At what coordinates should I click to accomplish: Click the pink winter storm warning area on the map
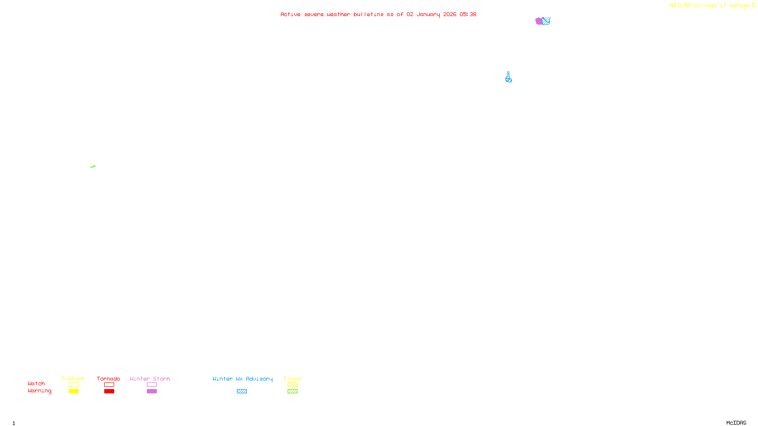[x=539, y=21]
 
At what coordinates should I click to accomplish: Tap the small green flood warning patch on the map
[x=93, y=167]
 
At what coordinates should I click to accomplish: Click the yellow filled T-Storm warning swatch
[x=73, y=391]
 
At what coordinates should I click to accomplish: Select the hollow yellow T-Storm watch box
[x=73, y=385]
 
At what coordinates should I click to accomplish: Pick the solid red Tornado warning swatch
[x=109, y=391]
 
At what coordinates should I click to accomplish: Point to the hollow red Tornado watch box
[x=109, y=385]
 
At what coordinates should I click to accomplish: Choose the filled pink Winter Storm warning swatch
[x=152, y=391]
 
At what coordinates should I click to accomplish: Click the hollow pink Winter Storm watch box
[x=152, y=385]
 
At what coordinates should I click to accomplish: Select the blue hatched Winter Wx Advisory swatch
[x=242, y=391]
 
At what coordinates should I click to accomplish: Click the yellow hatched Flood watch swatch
[x=292, y=385]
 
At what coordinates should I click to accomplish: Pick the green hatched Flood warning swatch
[x=292, y=391]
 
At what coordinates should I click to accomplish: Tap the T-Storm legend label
[x=73, y=379]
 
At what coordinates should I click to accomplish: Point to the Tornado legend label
[x=108, y=379]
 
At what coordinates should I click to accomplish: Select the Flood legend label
[x=292, y=379]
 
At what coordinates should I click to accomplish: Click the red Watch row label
[x=36, y=383]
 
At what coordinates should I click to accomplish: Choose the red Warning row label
[x=39, y=391]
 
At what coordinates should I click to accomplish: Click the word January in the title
[x=428, y=14]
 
